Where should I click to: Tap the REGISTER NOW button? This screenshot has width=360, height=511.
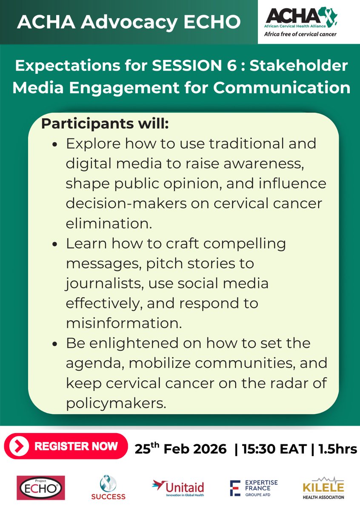click(x=66, y=446)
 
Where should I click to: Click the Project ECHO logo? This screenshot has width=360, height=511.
click(x=40, y=488)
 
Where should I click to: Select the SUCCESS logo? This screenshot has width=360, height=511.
click(x=108, y=488)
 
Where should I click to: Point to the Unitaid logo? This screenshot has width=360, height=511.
click(x=178, y=488)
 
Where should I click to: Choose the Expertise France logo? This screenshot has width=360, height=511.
click(x=254, y=488)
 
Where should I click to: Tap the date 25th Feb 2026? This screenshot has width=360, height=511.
click(x=180, y=449)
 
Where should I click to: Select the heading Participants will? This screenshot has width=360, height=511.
click(x=105, y=124)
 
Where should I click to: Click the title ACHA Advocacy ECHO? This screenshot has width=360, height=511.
click(x=129, y=22)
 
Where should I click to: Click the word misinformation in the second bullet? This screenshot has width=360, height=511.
click(x=124, y=323)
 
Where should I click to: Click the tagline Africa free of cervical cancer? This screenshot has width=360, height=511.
click(x=300, y=34)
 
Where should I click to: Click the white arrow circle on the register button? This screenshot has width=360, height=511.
click(x=21, y=446)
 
